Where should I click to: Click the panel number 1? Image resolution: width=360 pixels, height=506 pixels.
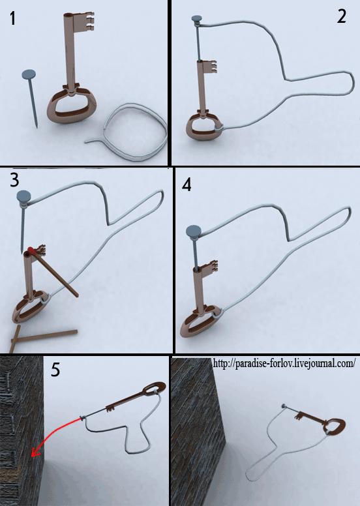point(12,18)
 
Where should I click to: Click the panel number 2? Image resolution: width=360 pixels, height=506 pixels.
point(342,16)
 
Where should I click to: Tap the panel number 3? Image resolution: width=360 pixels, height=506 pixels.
point(14,180)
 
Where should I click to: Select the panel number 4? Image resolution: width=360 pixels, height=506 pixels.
point(187,185)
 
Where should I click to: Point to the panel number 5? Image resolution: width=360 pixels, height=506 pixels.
point(55,370)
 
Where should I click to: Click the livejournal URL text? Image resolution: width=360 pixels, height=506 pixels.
point(284,363)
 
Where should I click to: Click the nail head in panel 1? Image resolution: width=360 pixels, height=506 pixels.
point(29,74)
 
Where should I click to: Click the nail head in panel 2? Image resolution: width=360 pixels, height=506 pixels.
point(196,19)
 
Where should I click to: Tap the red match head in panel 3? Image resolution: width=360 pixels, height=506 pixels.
point(31,250)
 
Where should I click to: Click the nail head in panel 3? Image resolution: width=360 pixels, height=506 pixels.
point(23,196)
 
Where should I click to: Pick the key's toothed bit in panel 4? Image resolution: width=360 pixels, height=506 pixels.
point(210,266)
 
